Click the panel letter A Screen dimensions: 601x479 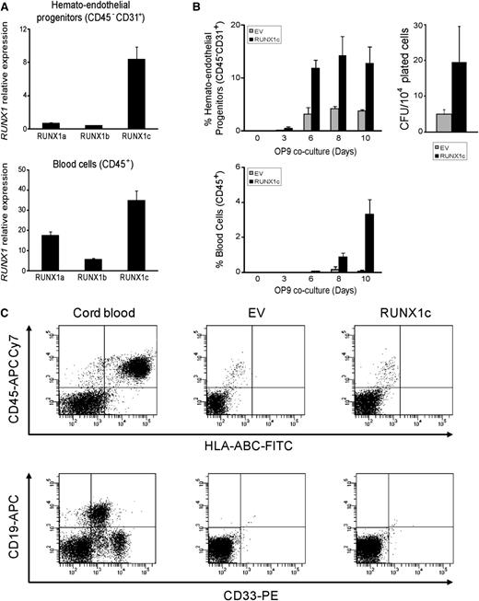(6, 6)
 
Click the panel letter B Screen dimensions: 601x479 (204, 6)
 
